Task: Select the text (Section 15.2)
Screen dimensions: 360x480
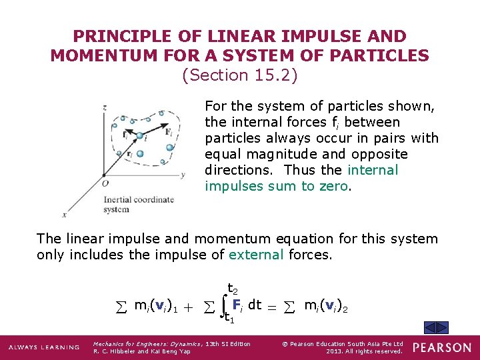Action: pyautogui.click(x=239, y=75)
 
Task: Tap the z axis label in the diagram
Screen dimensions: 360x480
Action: pyautogui.click(x=105, y=107)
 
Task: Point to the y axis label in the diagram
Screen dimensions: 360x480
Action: pyautogui.click(x=182, y=175)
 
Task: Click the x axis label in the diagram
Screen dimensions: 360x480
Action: pyautogui.click(x=65, y=215)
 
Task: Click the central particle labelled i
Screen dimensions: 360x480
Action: pyautogui.click(x=140, y=137)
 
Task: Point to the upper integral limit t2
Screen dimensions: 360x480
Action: pyautogui.click(x=233, y=289)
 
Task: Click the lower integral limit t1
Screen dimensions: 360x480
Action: pyautogui.click(x=229, y=319)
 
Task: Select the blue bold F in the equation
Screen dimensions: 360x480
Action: pyautogui.click(x=236, y=304)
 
